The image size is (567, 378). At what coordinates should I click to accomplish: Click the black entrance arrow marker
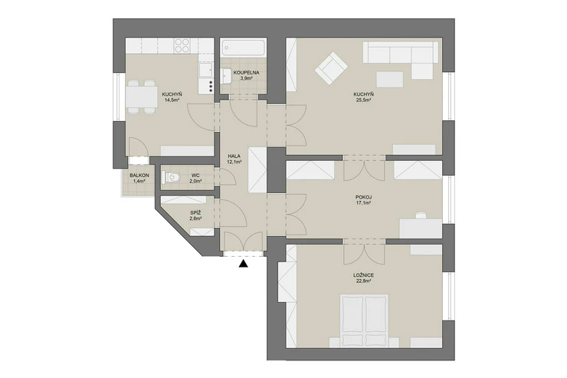tap(244, 264)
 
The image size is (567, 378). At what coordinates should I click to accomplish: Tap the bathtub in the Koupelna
tap(243, 48)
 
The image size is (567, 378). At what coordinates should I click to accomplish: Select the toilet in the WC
tap(172, 177)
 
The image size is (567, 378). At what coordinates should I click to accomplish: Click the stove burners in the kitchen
tap(182, 46)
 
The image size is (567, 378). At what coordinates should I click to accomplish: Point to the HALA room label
tap(234, 156)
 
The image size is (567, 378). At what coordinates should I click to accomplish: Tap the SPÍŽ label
tap(195, 212)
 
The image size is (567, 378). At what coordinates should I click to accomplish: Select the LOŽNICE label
tap(363, 275)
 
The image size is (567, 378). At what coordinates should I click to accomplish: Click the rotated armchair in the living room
tap(331, 68)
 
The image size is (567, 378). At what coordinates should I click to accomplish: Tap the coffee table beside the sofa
tap(389, 79)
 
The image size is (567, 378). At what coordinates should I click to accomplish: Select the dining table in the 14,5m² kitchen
tap(142, 97)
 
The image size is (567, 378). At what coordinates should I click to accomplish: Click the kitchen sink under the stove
tap(206, 71)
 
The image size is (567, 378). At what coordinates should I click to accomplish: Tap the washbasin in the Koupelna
tap(227, 76)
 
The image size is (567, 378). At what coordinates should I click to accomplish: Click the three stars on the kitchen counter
tap(211, 87)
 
